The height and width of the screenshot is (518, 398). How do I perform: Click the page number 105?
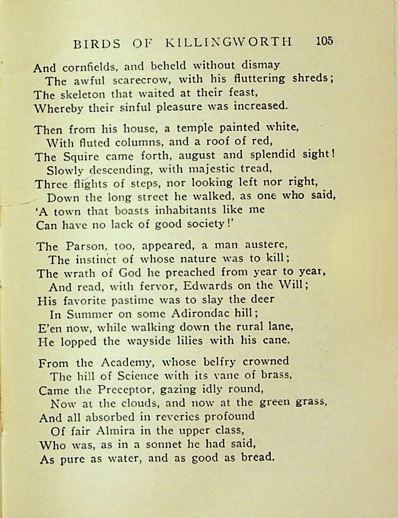click(x=324, y=41)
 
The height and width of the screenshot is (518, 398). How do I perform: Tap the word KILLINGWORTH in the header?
click(x=229, y=42)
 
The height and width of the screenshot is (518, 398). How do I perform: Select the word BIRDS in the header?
click(x=97, y=43)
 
